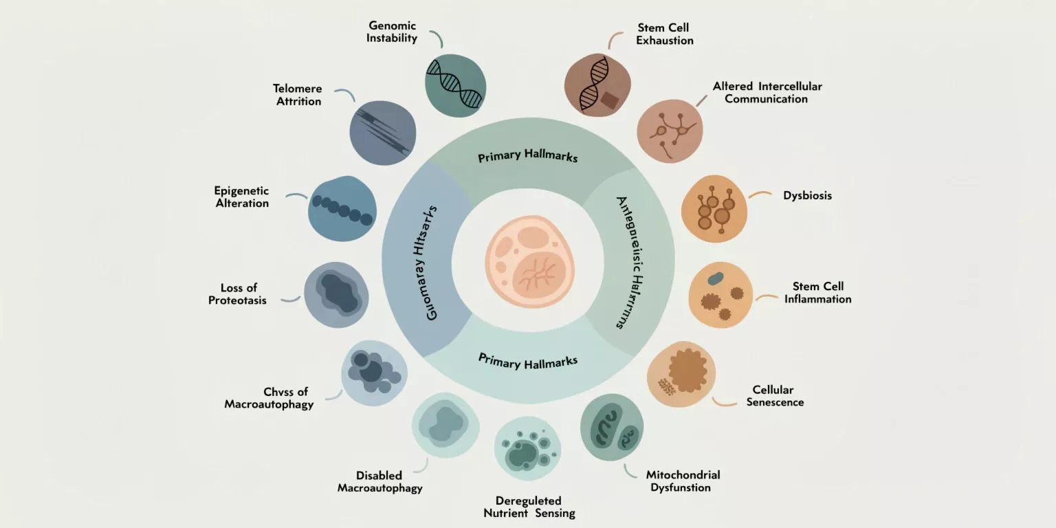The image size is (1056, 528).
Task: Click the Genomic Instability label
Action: tap(391, 32)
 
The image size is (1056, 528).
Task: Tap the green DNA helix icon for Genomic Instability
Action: tap(454, 85)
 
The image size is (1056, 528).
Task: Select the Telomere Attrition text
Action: tap(298, 95)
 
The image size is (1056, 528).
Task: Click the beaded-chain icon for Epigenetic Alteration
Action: tap(342, 208)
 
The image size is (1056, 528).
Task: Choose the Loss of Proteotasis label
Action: tap(238, 294)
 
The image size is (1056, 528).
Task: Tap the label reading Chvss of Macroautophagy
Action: tap(269, 398)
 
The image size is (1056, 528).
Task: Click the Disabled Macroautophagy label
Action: tap(379, 482)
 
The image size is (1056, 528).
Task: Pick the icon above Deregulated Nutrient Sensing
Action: tap(527, 449)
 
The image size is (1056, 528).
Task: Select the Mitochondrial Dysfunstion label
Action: tap(682, 481)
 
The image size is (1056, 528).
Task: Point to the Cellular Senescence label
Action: tap(775, 396)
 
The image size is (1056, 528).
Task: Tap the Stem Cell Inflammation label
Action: tap(817, 293)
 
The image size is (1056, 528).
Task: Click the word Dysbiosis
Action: tap(807, 195)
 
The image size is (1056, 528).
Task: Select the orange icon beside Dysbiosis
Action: tap(714, 208)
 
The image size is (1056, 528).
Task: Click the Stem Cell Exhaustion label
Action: tap(664, 34)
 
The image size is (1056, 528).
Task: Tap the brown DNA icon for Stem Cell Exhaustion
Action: tap(597, 85)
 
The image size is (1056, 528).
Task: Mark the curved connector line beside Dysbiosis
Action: tap(760, 195)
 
